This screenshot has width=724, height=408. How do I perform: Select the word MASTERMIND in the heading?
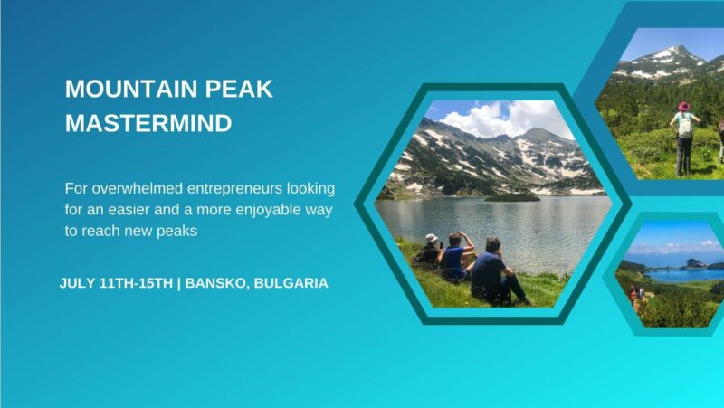click(x=148, y=123)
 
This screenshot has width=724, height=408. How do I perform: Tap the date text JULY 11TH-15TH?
click(x=116, y=283)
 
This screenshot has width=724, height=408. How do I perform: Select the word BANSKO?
click(x=215, y=283)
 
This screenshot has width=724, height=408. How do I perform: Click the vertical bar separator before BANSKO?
click(x=179, y=283)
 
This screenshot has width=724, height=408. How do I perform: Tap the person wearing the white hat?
click(x=429, y=251)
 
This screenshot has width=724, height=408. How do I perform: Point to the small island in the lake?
click(x=511, y=196)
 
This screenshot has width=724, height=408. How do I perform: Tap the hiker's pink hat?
click(x=684, y=106)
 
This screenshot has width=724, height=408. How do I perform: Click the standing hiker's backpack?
click(x=684, y=125)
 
